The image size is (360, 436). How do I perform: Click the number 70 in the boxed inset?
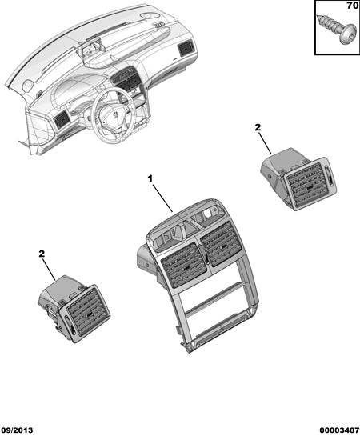point(352,6)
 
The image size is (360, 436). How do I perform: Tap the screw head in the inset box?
point(348,34)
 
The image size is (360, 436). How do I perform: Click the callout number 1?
point(150,178)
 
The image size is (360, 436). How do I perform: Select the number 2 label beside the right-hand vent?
point(258,127)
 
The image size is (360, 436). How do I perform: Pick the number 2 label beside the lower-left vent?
point(42,254)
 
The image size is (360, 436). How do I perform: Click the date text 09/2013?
point(17,430)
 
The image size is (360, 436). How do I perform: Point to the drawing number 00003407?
point(339,430)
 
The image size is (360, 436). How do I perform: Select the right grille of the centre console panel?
point(222,243)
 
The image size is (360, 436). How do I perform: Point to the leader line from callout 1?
point(162,198)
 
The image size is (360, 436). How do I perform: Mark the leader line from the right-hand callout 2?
point(266,143)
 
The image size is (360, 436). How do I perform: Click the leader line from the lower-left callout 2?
point(49,270)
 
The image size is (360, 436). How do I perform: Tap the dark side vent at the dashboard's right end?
point(185,48)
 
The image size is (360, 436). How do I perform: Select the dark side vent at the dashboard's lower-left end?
point(62,119)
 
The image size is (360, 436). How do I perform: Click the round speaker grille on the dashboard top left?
point(28,85)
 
